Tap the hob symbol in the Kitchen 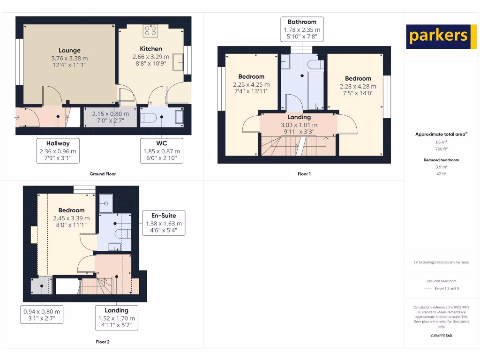[x=151, y=31]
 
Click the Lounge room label [x=69, y=50]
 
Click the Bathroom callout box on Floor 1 [x=302, y=30]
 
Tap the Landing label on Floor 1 [x=299, y=117]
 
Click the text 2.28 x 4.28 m [x=358, y=86]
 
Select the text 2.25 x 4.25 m [x=251, y=84]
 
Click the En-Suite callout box [x=164, y=223]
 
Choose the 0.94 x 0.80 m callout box [x=42, y=315]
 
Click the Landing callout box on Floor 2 [x=116, y=318]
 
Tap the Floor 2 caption [x=102, y=342]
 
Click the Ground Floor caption [x=103, y=174]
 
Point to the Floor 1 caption [x=304, y=174]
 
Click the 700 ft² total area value [x=441, y=149]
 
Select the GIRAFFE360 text [x=441, y=336]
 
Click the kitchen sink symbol [x=178, y=62]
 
